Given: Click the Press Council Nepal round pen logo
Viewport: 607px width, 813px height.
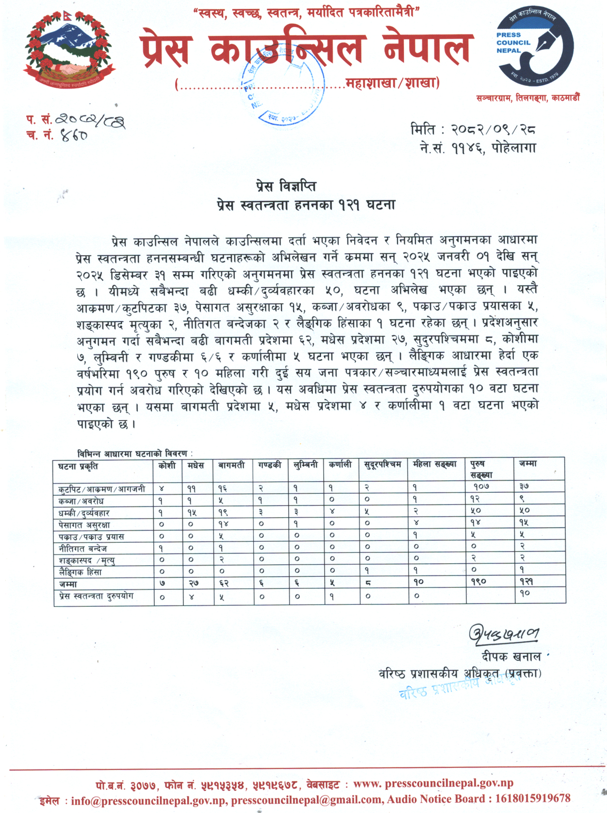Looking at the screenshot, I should coord(534,47).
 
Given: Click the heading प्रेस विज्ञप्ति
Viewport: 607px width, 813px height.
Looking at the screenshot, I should coord(286,186).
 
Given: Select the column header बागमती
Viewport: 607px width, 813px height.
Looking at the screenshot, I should coord(231,465).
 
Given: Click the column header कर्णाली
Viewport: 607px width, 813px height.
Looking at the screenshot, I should coord(340,465).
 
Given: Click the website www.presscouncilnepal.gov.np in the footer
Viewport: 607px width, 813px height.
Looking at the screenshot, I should coord(433,783).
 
